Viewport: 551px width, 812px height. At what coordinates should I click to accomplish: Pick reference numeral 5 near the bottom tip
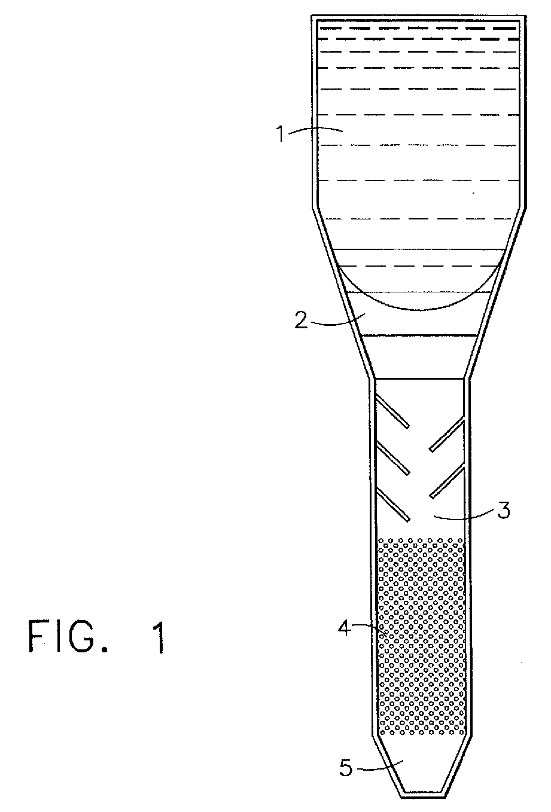coord(346,767)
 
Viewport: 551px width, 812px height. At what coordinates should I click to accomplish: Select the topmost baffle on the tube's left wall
coord(392,411)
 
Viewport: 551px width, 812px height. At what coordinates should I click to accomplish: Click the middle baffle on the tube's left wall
coord(392,459)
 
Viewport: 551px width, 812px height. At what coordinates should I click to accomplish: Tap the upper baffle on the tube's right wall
coord(447,434)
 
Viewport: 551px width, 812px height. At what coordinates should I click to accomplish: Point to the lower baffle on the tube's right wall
coord(447,481)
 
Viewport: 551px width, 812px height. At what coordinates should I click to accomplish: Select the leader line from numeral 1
coord(314,129)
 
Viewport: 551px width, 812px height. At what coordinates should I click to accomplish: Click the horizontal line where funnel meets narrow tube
coord(419,378)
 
